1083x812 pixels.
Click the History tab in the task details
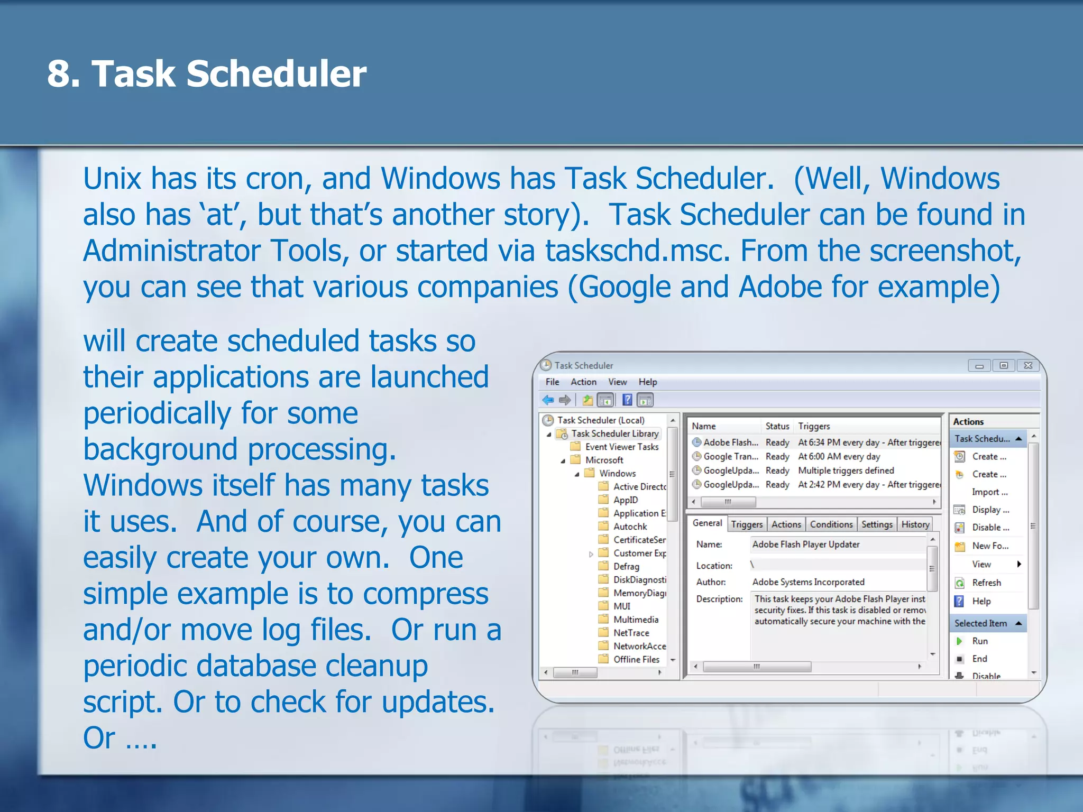coord(915,524)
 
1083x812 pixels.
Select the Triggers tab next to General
coord(747,524)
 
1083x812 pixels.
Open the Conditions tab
coord(831,524)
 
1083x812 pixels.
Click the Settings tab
coord(877,524)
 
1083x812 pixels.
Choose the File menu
coord(552,382)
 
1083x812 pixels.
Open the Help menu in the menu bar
coord(648,382)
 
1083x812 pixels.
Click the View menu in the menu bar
coord(617,382)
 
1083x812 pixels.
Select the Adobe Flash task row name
coord(730,442)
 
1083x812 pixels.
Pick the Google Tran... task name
coord(730,456)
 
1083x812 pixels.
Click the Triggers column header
coord(814,426)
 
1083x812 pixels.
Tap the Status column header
coord(777,426)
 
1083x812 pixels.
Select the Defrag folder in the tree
coord(626,566)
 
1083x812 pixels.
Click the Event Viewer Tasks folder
coord(621,447)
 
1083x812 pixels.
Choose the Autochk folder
coord(630,527)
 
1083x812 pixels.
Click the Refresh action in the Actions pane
coord(986,583)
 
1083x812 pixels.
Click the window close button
coord(1028,365)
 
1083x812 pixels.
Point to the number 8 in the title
coord(58,73)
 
